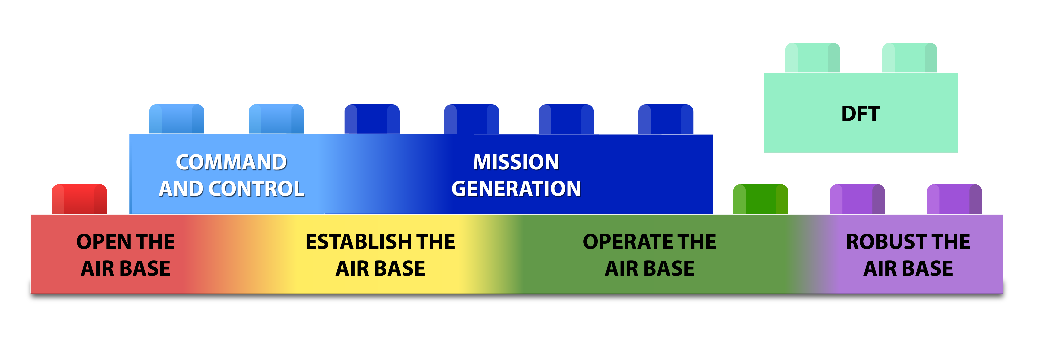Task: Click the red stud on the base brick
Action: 79,199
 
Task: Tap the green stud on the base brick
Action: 761,199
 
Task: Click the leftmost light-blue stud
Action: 177,119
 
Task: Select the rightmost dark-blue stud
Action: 666,119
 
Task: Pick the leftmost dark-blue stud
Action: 372,119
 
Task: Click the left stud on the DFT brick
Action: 812,58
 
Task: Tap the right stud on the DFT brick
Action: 910,58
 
